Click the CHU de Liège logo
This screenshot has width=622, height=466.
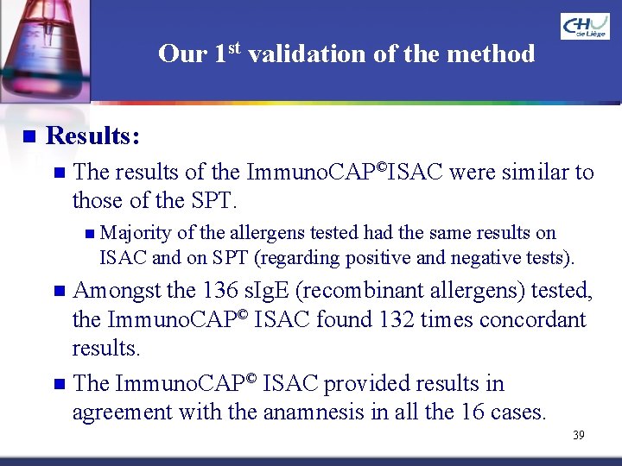(585, 27)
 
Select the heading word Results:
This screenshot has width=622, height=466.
(94, 136)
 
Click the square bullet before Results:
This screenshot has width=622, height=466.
(28, 136)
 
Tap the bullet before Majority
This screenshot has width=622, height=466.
(92, 233)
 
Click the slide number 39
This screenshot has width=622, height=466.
(578, 435)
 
